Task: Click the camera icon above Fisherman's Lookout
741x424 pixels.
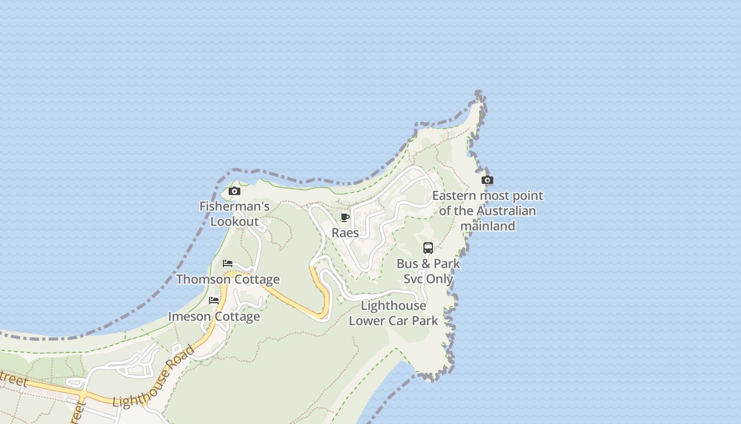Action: [234, 191]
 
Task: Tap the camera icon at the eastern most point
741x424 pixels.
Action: [487, 180]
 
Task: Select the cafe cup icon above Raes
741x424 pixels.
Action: [345, 218]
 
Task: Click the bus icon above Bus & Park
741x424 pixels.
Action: [428, 248]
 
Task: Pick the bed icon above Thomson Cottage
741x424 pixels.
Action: [228, 263]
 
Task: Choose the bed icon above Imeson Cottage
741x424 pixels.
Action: [214, 301]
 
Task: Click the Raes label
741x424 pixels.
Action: [345, 233]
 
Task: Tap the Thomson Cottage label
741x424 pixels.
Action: [228, 279]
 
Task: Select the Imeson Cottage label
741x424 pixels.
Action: [214, 316]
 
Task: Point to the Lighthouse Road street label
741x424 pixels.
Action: [153, 377]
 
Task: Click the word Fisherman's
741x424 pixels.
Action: [234, 206]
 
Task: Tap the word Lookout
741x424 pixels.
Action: [234, 222]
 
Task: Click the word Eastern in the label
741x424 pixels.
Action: [454, 196]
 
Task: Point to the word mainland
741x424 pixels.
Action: [487, 226]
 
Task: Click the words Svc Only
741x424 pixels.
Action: [428, 279]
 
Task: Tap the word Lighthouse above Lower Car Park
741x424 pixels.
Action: [393, 305]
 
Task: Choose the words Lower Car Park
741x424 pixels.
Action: [393, 321]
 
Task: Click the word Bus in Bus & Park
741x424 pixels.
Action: [408, 263]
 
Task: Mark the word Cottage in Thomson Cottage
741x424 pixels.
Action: [256, 279]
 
